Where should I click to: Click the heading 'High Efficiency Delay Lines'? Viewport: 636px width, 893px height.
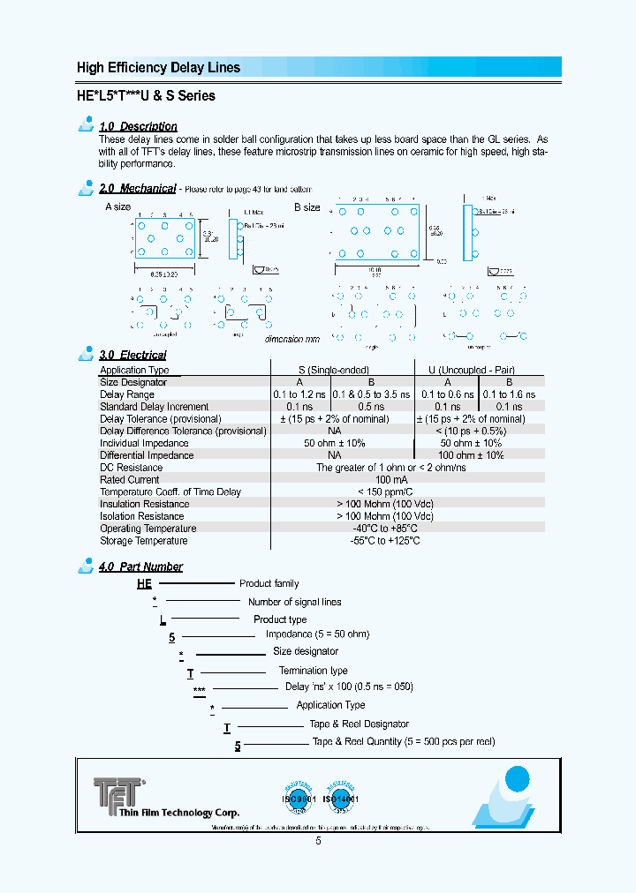pos(158,68)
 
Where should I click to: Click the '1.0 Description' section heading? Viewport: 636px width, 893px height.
pos(138,126)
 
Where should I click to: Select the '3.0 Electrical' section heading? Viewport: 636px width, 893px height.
pos(132,355)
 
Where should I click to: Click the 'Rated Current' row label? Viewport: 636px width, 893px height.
pos(131,480)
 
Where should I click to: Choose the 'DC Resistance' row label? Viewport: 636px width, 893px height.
pos(131,468)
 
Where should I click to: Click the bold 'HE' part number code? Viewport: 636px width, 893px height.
pos(144,583)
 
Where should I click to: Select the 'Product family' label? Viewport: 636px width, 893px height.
pos(269,583)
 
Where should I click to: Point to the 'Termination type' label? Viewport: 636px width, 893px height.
pos(314,671)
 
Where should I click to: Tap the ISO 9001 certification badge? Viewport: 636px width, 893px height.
pos(299,798)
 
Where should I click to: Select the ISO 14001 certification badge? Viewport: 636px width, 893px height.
pos(340,798)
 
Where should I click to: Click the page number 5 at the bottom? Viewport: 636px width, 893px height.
pos(318,842)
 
